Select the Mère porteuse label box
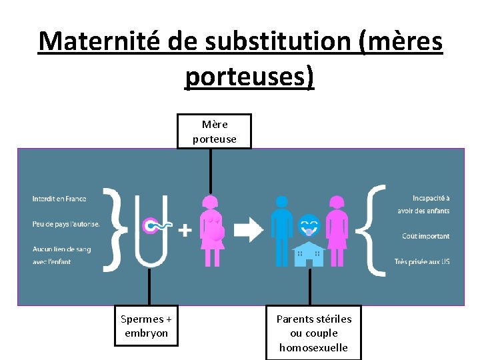214,131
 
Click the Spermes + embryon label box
150,326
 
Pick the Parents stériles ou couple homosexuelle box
313,333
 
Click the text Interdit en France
59,199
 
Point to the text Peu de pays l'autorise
66,224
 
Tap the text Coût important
425,236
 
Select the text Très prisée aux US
421,261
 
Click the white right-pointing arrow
249,230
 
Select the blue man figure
281,230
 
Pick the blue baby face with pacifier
309,225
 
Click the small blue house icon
309,254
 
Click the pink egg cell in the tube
151,226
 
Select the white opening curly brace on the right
376,231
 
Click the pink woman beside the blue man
337,230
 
